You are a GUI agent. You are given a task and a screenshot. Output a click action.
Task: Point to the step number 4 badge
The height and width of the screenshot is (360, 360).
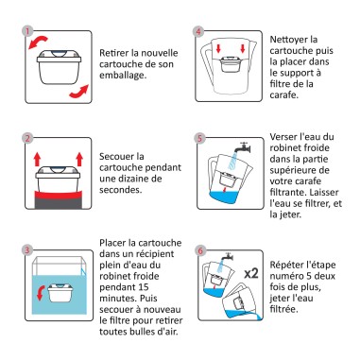coord(199,30)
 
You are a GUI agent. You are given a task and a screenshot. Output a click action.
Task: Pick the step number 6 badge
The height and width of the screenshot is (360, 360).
coord(199,249)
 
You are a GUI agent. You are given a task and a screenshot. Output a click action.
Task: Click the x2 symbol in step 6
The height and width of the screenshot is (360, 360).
coord(251,272)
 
